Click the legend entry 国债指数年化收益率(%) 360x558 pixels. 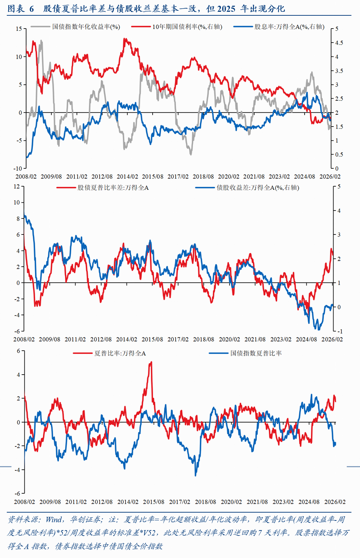(86, 27)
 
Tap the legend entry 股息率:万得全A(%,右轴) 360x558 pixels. (289, 27)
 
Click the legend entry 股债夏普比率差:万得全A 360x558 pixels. (113, 188)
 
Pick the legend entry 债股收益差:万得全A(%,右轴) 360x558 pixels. (258, 188)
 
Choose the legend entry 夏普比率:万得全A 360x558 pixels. (120, 353)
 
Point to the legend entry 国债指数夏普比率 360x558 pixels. (256, 353)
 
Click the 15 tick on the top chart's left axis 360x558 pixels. (19, 29)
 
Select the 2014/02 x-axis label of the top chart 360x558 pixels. (127, 177)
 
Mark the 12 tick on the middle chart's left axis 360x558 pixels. (17, 186)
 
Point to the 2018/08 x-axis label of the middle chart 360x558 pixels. (203, 339)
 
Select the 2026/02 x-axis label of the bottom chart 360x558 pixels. (335, 502)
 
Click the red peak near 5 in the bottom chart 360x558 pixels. (151, 362)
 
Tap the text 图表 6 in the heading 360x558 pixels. (20, 9)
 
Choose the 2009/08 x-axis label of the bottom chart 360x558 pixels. (50, 502)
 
